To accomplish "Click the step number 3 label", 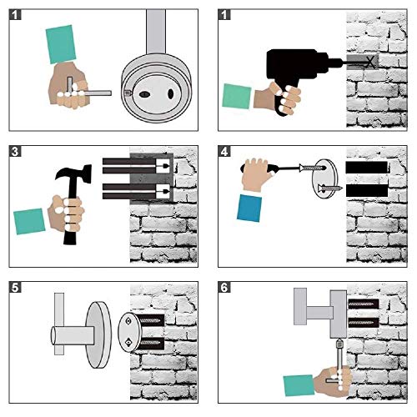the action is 15,152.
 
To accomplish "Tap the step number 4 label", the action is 224,152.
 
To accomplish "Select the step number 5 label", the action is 15,288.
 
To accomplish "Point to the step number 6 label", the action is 224,288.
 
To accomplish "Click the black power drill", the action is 298,73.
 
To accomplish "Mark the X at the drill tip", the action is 369,62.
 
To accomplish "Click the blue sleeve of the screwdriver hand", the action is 249,208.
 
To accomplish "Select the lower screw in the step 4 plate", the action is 330,188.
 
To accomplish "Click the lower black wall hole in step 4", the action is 367,190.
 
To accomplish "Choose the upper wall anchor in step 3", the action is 136,166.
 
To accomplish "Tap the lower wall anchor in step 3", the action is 136,191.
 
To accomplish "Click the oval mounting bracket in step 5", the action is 129,333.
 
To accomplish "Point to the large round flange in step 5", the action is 98,334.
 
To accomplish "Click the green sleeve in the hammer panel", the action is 29,221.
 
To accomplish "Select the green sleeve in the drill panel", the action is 237,96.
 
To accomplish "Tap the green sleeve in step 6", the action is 299,385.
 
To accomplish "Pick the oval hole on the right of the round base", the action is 171,94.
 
